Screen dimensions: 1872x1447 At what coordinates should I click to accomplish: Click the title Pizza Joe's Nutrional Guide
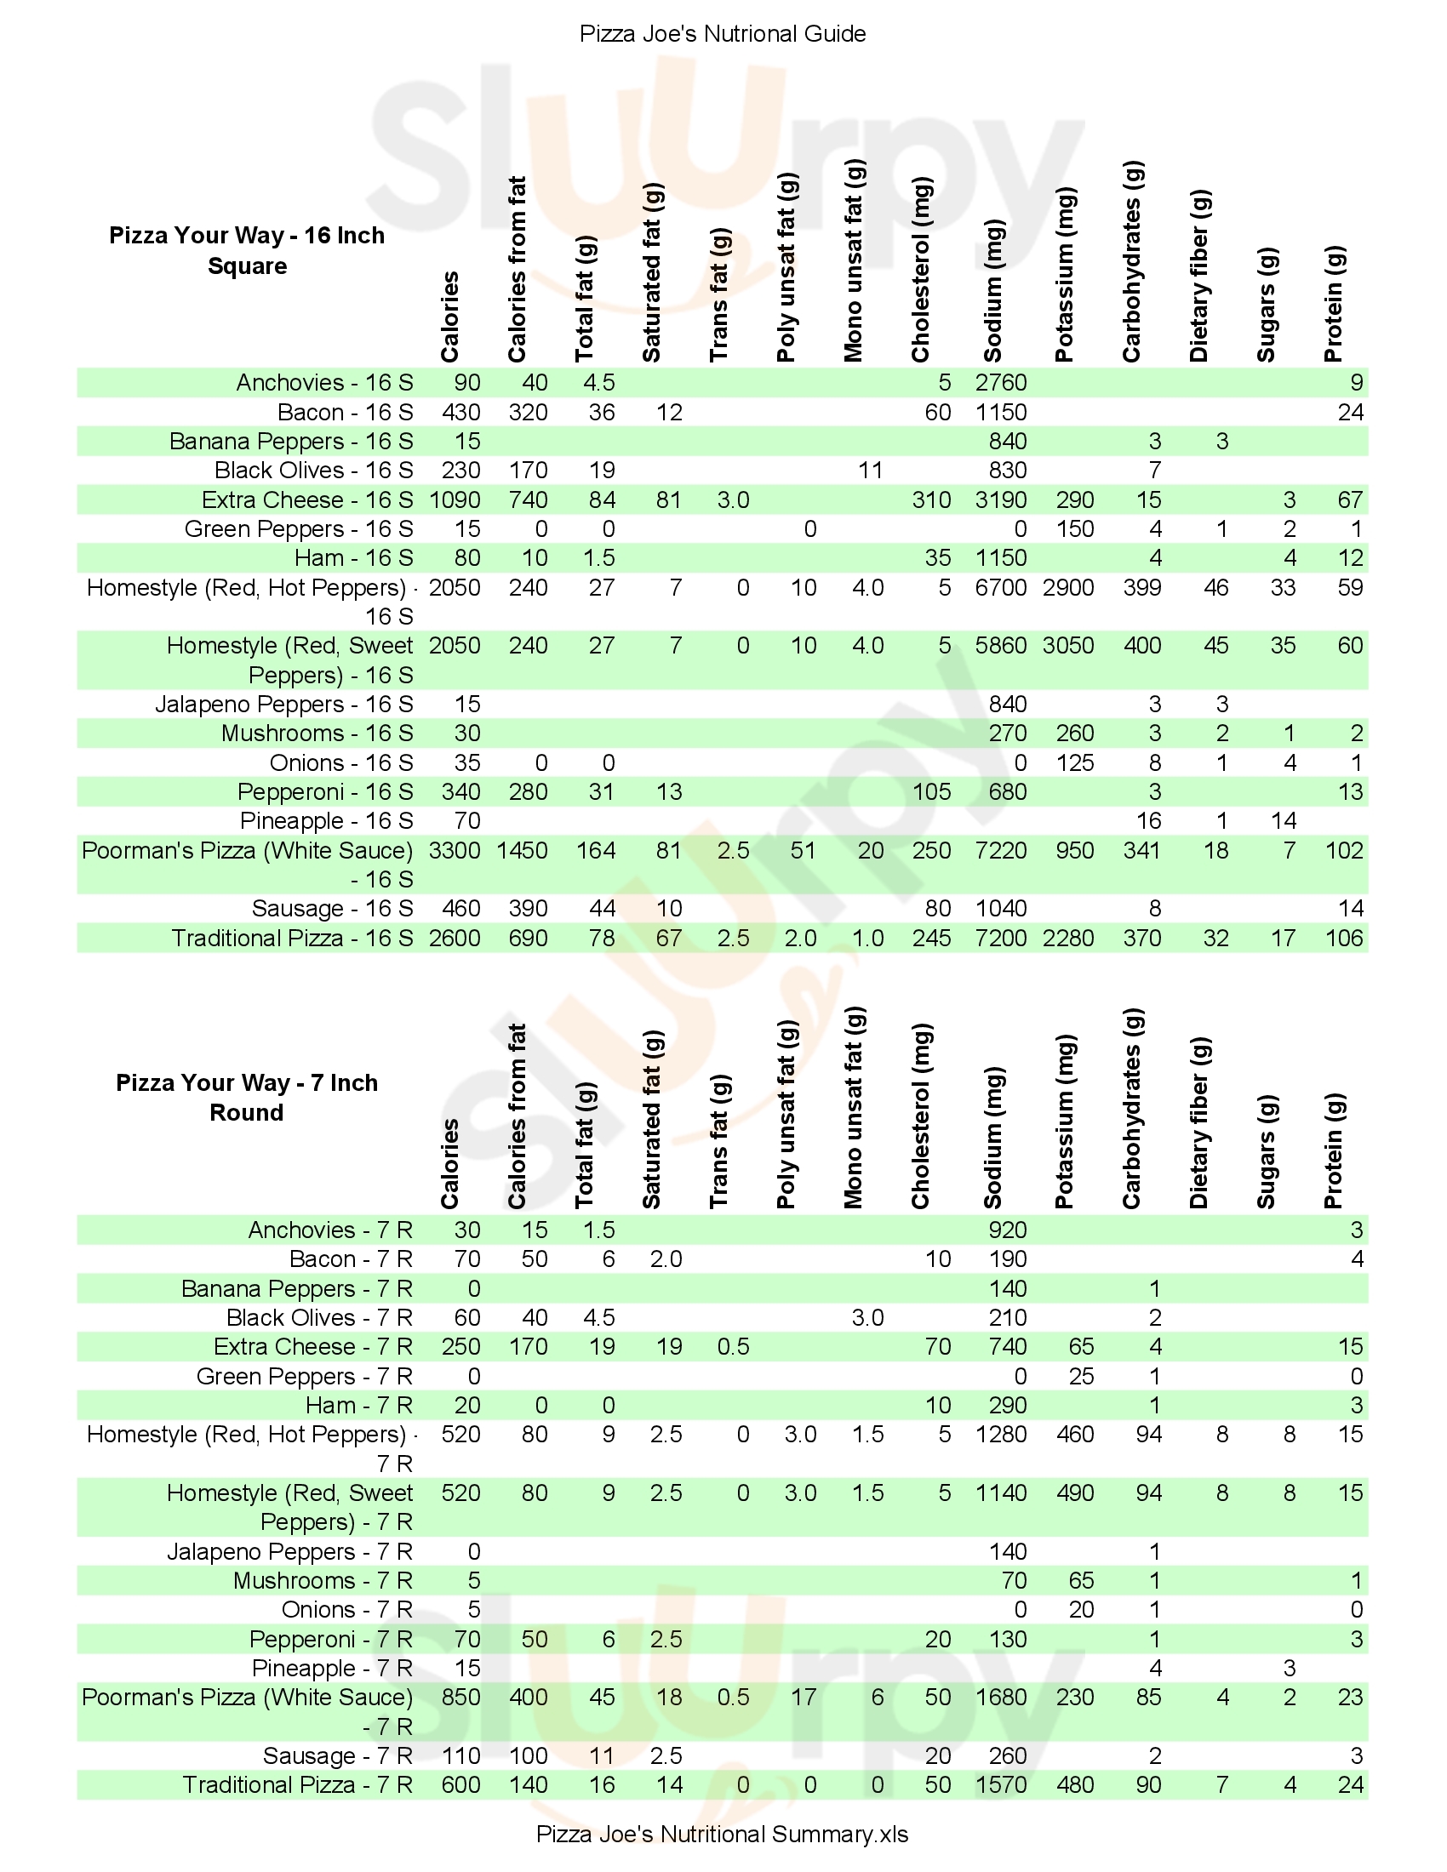pos(723,34)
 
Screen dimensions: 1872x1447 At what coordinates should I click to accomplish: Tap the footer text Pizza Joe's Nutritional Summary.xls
pos(722,1834)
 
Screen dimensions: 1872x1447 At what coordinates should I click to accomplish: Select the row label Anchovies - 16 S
pos(324,383)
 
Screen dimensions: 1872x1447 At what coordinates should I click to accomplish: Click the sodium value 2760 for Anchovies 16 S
pos(1000,383)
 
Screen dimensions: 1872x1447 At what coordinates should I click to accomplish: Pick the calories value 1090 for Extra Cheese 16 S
pos(455,499)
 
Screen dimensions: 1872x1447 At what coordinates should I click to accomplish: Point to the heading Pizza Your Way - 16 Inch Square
pos(247,250)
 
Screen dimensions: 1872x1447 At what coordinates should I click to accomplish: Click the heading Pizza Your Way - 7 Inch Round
pos(247,1097)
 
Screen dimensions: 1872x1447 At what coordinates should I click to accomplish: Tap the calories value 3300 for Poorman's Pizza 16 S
pos(455,850)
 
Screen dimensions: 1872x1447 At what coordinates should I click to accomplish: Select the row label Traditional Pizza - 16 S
pos(292,938)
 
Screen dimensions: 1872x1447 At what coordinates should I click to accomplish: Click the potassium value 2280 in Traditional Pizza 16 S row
pos(1068,938)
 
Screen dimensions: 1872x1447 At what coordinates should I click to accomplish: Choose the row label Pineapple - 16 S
pos(326,821)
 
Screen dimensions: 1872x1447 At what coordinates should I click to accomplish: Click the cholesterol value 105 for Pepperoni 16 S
pos(931,792)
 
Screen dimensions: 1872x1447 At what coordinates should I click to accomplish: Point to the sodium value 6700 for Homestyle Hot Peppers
pos(1000,588)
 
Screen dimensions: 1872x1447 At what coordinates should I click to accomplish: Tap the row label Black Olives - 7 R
pos(319,1317)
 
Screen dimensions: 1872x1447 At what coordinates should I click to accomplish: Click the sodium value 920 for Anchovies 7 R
pos(1007,1230)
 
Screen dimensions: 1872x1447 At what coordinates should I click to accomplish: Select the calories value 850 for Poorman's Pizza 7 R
pos(460,1698)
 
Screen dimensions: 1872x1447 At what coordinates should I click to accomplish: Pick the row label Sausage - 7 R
pos(338,1755)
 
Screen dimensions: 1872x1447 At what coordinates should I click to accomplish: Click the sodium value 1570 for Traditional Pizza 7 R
pos(1000,1784)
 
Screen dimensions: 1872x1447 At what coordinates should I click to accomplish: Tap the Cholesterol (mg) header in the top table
pos(920,270)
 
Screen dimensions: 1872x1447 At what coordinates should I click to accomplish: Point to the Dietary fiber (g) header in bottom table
pos(1199,1123)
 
